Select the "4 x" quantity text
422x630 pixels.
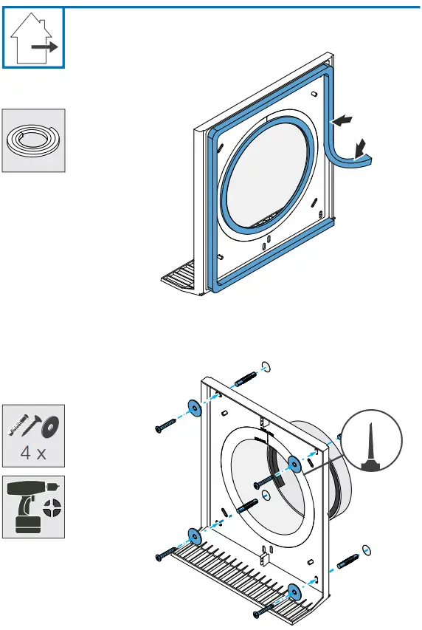point(32,453)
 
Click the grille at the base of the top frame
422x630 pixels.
point(181,281)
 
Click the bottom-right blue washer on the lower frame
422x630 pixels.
point(295,590)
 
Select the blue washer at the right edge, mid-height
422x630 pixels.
point(294,463)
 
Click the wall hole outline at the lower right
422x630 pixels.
point(367,551)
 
